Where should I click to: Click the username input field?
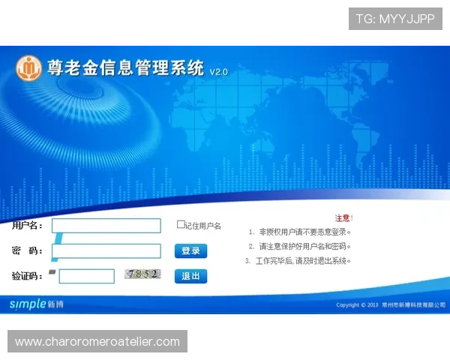click(x=106, y=226)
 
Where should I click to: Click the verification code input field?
click(x=86, y=276)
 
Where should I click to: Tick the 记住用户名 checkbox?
click(x=181, y=224)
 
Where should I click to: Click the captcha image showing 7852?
click(x=142, y=274)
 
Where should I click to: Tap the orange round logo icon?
click(x=28, y=69)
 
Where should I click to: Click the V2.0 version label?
click(x=218, y=72)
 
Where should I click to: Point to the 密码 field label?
click(x=27, y=250)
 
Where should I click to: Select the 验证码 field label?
click(x=27, y=276)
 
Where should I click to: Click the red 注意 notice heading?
click(x=343, y=218)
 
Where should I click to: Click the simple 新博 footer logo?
click(x=37, y=304)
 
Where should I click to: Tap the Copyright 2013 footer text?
click(x=390, y=305)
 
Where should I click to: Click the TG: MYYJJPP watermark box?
click(x=395, y=19)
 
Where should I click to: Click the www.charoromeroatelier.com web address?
click(x=97, y=342)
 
